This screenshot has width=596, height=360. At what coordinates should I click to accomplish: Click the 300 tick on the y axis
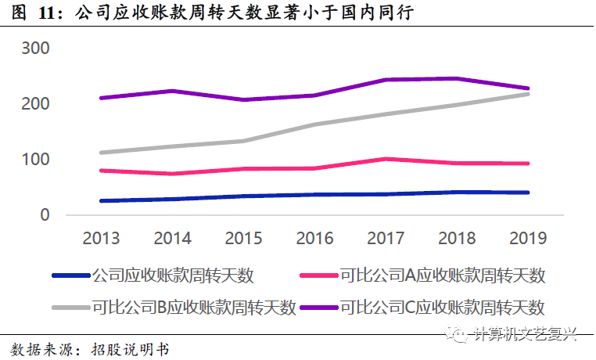(34, 49)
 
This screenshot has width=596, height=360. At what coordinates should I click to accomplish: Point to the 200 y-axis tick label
(34, 104)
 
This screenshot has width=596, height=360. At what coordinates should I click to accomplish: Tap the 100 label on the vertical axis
(34, 160)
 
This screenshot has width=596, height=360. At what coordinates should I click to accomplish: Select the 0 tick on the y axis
(45, 215)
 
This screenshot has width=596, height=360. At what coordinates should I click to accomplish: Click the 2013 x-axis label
(102, 238)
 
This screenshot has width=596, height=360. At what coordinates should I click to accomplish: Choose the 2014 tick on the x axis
(173, 238)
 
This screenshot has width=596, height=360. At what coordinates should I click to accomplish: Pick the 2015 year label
(244, 238)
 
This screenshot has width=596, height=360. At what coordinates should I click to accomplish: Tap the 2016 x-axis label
(315, 238)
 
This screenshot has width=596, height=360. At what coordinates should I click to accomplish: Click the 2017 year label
(386, 238)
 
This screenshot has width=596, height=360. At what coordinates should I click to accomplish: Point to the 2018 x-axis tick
(458, 238)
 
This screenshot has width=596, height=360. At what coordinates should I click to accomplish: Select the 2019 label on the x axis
(529, 238)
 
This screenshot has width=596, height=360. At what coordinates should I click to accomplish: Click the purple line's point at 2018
(458, 78)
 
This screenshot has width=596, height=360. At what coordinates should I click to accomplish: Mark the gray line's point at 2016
(315, 124)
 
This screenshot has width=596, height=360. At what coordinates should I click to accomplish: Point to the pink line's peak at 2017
(386, 159)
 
